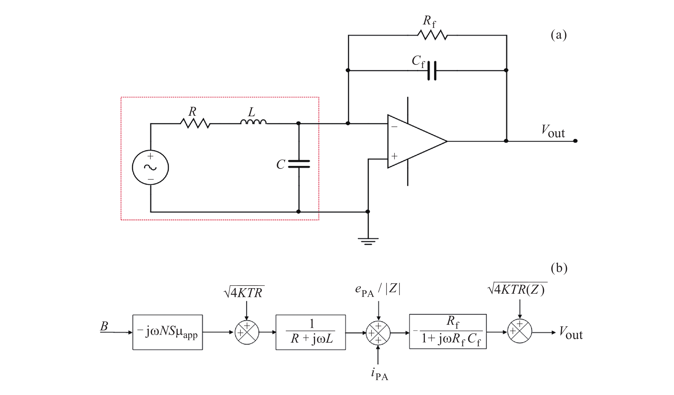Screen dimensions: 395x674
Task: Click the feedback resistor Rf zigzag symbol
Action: pos(432,35)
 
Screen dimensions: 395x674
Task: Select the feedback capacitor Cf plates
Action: pos(432,71)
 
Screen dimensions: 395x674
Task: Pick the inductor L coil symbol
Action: pos(253,122)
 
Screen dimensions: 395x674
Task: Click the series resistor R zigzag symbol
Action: pos(195,123)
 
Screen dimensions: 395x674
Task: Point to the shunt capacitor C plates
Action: pos(299,164)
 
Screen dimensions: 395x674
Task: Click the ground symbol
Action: pos(368,241)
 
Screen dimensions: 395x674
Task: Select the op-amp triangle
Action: pos(413,141)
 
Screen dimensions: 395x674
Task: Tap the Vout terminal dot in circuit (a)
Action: pos(575,141)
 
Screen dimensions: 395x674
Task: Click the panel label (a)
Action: pos(559,35)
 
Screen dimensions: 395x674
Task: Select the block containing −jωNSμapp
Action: pos(168,332)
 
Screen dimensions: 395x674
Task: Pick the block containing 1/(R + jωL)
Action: pos(311,332)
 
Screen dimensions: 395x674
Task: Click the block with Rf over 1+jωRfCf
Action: pos(448,332)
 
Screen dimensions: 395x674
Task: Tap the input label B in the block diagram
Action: pos(104,326)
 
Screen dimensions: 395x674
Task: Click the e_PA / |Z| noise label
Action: pos(378,290)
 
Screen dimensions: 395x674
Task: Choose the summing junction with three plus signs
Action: pos(378,333)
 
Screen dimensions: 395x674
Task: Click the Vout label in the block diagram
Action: pos(571,333)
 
